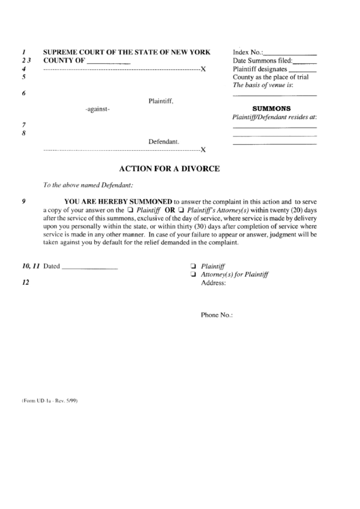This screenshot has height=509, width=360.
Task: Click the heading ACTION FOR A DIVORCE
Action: tap(169, 168)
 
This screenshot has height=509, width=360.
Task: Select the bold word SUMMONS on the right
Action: tap(272, 108)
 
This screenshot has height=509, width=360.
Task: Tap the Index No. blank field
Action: tap(289, 52)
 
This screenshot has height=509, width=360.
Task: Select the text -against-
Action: tap(98, 109)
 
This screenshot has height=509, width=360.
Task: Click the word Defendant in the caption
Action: tap(164, 141)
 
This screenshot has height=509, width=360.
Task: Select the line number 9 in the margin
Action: tap(24, 202)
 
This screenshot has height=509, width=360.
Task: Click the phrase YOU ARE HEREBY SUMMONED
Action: tap(118, 202)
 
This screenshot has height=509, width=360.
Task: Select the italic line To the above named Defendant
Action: tap(88, 185)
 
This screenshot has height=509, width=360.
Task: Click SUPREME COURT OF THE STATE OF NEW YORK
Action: tap(127, 52)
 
